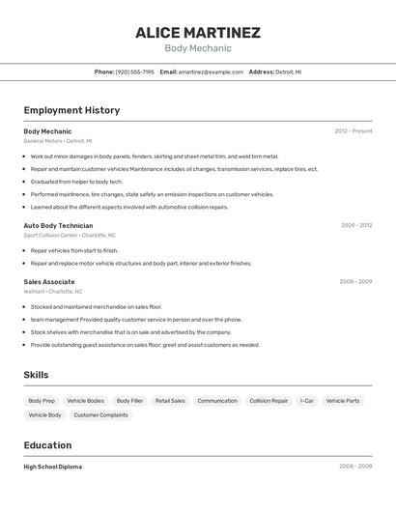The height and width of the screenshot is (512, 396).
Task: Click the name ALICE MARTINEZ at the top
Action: [x=197, y=33]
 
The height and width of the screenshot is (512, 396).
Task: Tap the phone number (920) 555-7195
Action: [x=134, y=71]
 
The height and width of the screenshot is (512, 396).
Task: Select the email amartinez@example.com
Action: [x=211, y=71]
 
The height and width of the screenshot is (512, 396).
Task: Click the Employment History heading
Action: [x=71, y=110]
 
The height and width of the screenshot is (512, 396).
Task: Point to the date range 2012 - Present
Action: [x=354, y=130]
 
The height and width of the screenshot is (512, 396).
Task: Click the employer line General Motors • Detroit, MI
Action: [x=58, y=141]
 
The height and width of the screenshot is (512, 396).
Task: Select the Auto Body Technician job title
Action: [x=58, y=225]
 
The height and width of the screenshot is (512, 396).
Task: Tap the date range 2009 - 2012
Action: [x=356, y=225]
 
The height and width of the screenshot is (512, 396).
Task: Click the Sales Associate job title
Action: [x=49, y=281]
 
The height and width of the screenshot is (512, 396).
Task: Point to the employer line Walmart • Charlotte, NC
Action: [x=53, y=291]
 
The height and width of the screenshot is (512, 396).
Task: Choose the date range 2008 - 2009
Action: [x=355, y=281]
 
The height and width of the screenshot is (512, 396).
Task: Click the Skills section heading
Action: [x=36, y=375]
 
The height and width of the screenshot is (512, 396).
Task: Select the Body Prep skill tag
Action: [x=42, y=400]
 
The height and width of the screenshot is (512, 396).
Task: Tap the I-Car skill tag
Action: [x=307, y=400]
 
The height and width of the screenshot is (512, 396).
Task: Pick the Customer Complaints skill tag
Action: [x=100, y=414]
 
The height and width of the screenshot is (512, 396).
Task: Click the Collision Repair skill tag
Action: [x=269, y=400]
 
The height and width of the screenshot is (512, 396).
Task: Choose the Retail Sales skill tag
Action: [x=170, y=400]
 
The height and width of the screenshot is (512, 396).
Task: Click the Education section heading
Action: [x=47, y=445]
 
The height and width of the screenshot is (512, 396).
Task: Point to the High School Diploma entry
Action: [x=52, y=467]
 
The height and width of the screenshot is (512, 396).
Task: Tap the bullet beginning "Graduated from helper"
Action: [x=76, y=182]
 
